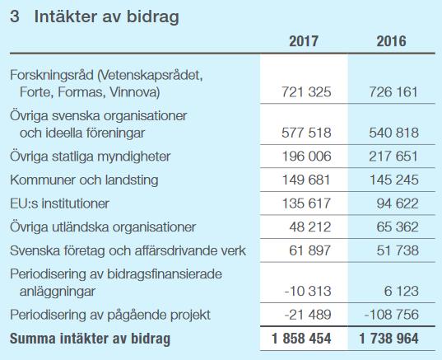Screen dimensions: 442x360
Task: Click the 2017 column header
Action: click(304, 41)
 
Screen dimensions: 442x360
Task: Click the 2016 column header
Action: click(391, 41)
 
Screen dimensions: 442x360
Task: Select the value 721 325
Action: click(306, 92)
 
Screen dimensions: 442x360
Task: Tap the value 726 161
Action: click(393, 92)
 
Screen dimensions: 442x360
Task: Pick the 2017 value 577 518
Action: click(306, 133)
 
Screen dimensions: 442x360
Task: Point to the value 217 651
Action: click(393, 156)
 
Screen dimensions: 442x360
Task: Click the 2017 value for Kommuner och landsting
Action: click(306, 180)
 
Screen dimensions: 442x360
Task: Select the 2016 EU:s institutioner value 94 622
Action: click(398, 203)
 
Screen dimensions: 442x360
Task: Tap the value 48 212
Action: click(309, 227)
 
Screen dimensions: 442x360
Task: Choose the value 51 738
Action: click(398, 250)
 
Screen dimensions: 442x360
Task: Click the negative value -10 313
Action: click(308, 291)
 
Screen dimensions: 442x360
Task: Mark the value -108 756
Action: click(392, 315)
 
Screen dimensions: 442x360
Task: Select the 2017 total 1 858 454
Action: click(301, 339)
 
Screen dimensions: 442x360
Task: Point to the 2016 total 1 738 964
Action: click(388, 339)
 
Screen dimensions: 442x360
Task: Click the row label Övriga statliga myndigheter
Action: click(91, 157)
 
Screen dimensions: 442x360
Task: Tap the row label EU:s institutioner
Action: click(59, 203)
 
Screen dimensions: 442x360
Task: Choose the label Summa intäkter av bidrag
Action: click(91, 339)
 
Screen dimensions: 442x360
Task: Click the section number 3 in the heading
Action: click(15, 16)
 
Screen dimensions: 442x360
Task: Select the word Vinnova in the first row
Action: click(134, 92)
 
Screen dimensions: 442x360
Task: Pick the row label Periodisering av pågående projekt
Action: click(110, 315)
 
